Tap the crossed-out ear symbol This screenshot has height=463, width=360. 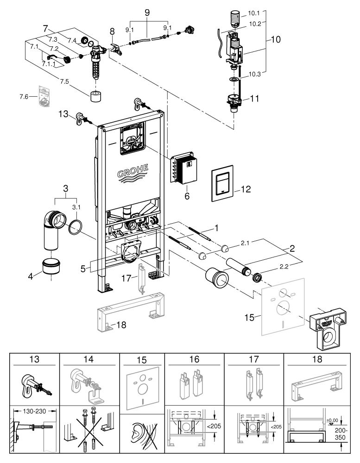click(142, 436)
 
